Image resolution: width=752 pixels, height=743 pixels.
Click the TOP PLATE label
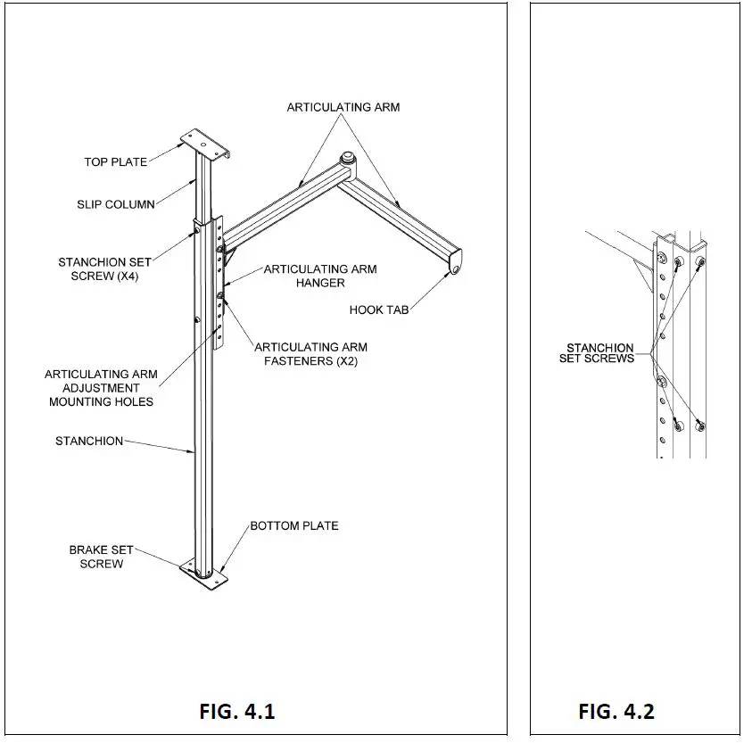pos(116,162)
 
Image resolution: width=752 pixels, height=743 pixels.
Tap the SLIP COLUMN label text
pos(116,204)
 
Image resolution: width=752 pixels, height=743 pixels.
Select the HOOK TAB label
pos(379,310)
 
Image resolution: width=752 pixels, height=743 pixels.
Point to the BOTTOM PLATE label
pos(294,525)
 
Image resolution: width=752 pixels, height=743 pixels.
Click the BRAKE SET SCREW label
pos(101,557)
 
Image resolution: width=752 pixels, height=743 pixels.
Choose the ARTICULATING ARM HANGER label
pos(320,276)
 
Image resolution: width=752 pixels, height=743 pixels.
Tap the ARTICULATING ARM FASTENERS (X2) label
pos(310,354)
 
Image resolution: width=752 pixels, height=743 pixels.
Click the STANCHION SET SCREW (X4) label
pos(104,269)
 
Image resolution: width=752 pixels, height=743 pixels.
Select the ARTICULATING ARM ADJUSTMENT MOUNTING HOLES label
pos(101,388)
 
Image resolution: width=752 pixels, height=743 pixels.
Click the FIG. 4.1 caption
pos(237,712)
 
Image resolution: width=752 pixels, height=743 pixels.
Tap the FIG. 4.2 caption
pos(616,712)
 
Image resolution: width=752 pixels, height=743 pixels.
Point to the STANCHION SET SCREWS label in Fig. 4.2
pos(597,353)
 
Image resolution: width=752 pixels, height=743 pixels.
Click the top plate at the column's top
pos(205,144)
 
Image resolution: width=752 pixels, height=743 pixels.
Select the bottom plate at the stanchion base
pos(203,574)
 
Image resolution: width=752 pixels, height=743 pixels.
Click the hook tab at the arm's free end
pos(455,263)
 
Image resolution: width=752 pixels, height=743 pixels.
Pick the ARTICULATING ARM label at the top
pos(343,107)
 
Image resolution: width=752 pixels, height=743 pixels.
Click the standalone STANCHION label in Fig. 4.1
pos(89,441)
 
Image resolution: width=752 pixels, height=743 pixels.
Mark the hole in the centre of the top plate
pos(203,144)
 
